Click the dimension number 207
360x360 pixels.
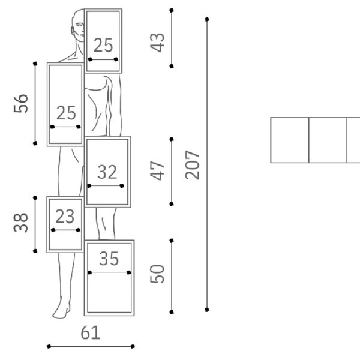pos(193,165)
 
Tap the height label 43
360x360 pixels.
pos(157,43)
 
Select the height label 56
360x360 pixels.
pos(21,103)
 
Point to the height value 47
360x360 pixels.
pos(157,170)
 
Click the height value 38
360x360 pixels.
pos(21,223)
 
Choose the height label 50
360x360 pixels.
pos(157,274)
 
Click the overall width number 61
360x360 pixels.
pos(91,332)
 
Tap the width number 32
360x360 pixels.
pos(107,172)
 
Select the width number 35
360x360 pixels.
pos(109,259)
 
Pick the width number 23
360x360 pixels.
pos(65,216)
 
